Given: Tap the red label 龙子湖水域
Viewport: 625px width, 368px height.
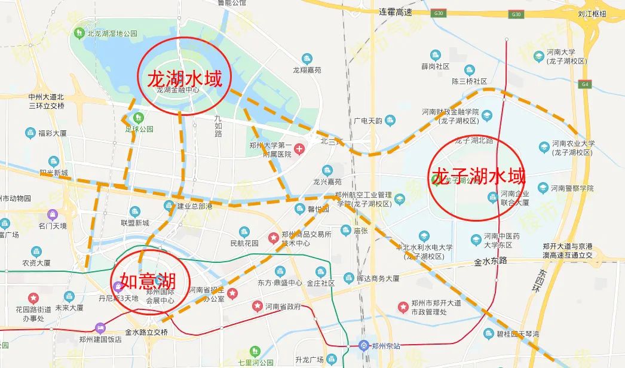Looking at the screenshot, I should coord(478,177).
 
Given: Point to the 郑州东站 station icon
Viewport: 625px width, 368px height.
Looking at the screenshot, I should coord(363,345).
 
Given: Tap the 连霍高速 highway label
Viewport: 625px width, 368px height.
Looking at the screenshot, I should coord(396,12).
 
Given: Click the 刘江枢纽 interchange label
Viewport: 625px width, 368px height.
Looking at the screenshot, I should coord(592,13).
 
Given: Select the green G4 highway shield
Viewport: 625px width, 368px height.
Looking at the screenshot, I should coord(583,85).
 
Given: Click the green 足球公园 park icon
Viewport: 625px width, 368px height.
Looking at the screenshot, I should coord(139,117).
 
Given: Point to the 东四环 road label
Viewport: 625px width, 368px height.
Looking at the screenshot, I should coord(534,286).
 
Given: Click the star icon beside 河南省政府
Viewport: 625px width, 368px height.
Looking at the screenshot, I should coord(256,307).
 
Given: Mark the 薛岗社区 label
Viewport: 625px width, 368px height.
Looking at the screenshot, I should coord(434,66).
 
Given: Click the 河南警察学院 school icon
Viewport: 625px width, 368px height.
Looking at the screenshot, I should coord(543,188).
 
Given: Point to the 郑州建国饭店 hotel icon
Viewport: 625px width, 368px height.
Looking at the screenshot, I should coord(100,327).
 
